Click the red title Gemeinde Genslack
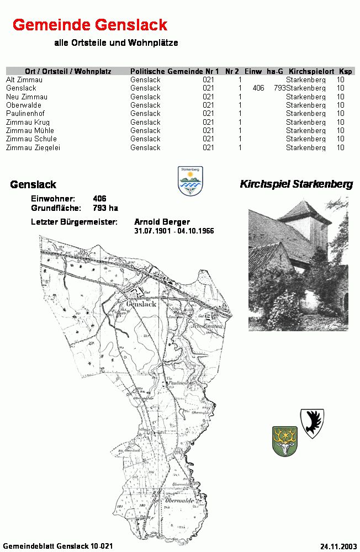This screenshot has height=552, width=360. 90,25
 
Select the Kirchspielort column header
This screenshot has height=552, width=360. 311,71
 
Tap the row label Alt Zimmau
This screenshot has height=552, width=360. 24,80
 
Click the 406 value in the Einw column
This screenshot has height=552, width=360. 258,88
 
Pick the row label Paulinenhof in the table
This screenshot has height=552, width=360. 25,114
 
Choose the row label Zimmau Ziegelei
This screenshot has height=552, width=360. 33,147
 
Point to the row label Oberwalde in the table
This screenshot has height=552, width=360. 24,105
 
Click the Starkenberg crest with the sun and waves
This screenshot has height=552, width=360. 190,181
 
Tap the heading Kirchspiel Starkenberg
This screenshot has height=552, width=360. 296,184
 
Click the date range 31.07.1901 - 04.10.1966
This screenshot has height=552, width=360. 174,231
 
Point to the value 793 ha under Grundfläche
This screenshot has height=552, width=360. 105,208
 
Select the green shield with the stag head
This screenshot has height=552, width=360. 284,441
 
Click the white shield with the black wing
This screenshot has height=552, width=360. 312,423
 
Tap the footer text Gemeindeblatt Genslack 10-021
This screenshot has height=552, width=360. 58,545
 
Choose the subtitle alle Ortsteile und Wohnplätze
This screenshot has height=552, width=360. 116,43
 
